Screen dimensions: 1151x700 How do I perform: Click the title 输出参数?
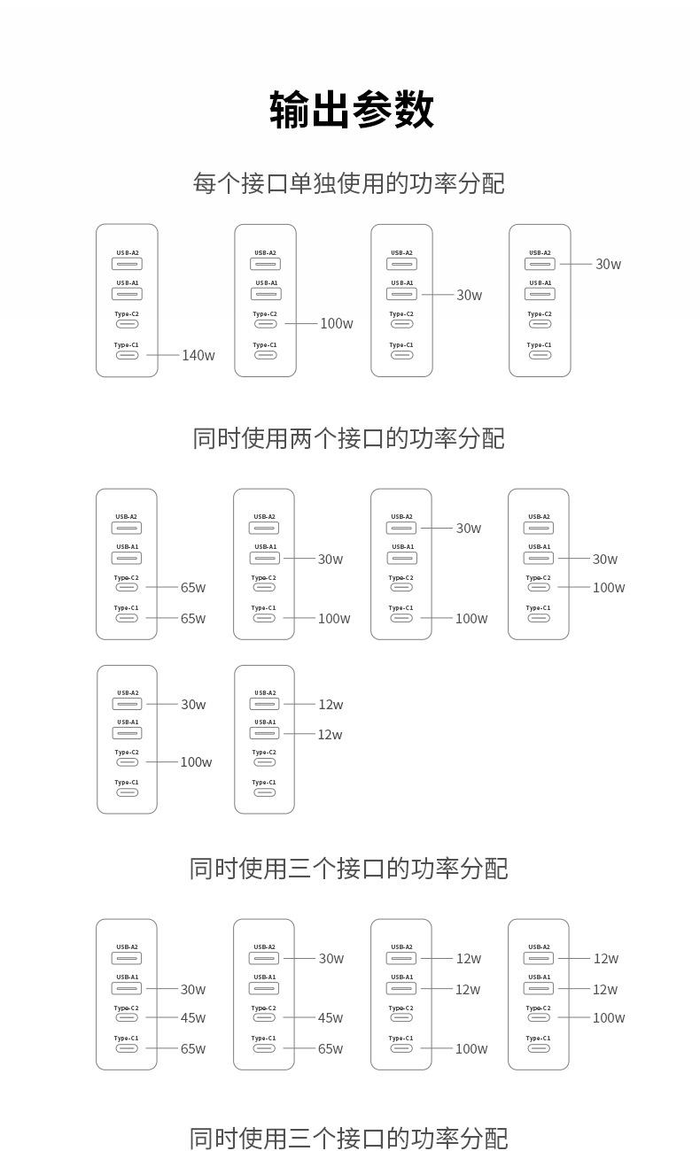(x=351, y=110)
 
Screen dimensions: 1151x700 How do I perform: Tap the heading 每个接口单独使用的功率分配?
(x=349, y=183)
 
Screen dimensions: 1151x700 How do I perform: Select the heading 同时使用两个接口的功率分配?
(x=349, y=438)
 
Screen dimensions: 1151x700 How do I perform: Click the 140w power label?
(x=198, y=355)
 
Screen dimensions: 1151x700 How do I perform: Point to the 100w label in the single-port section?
(x=337, y=324)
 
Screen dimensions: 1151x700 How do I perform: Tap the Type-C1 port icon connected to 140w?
(x=128, y=355)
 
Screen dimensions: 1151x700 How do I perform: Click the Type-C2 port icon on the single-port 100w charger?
(x=266, y=324)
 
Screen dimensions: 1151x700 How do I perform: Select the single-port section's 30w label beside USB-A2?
(x=608, y=264)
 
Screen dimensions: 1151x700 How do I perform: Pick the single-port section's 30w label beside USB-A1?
(x=469, y=295)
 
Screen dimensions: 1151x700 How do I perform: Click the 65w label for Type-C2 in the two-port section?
(x=193, y=587)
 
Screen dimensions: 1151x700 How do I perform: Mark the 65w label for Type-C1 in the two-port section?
(x=193, y=618)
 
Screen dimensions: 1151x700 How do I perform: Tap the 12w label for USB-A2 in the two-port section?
(x=331, y=705)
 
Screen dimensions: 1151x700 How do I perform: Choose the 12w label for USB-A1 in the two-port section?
(x=330, y=735)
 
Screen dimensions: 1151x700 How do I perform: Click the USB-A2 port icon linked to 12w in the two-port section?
(x=264, y=704)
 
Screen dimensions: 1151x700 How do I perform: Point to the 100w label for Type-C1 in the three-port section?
(x=471, y=1049)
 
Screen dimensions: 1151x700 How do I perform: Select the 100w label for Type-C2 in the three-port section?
(x=609, y=1018)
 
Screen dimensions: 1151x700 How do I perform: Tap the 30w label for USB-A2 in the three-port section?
(x=331, y=959)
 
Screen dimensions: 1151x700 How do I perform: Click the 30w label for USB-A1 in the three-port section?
(x=193, y=990)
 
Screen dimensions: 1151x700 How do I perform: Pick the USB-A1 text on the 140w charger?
(x=128, y=283)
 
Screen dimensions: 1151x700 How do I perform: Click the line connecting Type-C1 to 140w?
(x=162, y=355)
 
